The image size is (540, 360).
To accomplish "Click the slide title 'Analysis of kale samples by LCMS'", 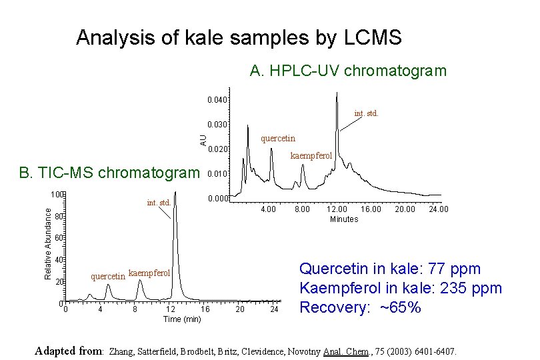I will pos(239,38).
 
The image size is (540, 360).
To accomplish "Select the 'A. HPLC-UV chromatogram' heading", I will pos(348,71).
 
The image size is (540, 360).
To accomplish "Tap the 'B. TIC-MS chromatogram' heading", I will pos(109,173).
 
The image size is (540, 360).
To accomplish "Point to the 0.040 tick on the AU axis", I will pos(217,101).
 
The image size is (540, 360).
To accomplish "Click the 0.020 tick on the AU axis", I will pos(217,150).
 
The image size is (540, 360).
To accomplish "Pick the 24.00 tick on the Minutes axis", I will pos(439,209).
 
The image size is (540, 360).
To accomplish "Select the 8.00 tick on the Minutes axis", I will pos(303,209).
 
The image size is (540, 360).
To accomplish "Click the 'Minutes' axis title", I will pos(344,219).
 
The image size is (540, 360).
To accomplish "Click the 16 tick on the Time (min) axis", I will pos(205,309).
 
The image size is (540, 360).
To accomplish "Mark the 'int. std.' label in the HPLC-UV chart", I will pos(366,113).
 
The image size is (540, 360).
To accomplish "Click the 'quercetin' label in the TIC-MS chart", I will pos(108,275).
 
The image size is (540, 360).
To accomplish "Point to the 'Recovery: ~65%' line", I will pos(360,308).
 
